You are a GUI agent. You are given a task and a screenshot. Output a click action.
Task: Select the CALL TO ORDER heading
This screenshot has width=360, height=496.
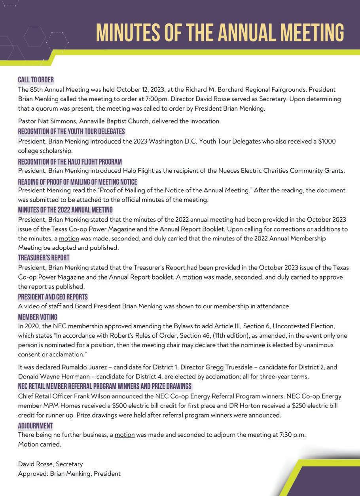click(36, 80)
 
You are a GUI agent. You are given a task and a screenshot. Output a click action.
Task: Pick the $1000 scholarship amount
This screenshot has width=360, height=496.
click(327, 141)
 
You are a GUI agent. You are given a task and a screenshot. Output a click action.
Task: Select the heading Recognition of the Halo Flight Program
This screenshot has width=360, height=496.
click(70, 162)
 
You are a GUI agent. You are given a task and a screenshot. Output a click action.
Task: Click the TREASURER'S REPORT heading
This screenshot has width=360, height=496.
click(44, 258)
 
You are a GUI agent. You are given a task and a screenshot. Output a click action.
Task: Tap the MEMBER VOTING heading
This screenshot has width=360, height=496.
click(38, 317)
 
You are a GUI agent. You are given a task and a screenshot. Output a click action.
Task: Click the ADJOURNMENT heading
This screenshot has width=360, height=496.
click(35, 426)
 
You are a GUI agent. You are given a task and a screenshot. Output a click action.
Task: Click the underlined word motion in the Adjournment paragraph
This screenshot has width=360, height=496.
click(125, 435)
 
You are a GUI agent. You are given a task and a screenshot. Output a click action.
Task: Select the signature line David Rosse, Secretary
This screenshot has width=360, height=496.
click(50, 464)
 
